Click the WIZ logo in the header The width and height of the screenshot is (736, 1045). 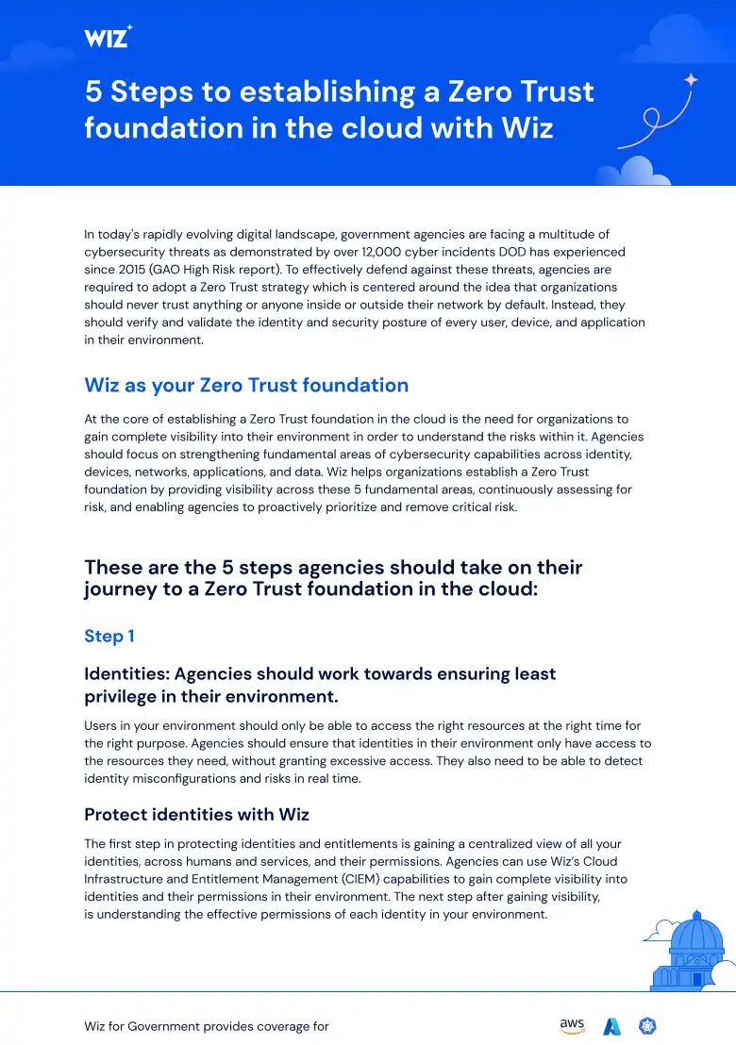tap(108, 37)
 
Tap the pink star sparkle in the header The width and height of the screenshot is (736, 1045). tap(691, 80)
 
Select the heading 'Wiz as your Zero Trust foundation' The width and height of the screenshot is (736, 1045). tap(246, 385)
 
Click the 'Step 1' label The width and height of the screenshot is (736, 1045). tap(109, 636)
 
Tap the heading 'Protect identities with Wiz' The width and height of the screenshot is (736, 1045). tap(196, 814)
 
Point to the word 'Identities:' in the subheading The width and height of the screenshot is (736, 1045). tap(126, 673)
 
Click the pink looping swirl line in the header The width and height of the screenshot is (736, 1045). tap(651, 123)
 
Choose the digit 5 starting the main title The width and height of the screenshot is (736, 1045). tap(93, 91)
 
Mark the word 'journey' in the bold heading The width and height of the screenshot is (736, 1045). tap(121, 589)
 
